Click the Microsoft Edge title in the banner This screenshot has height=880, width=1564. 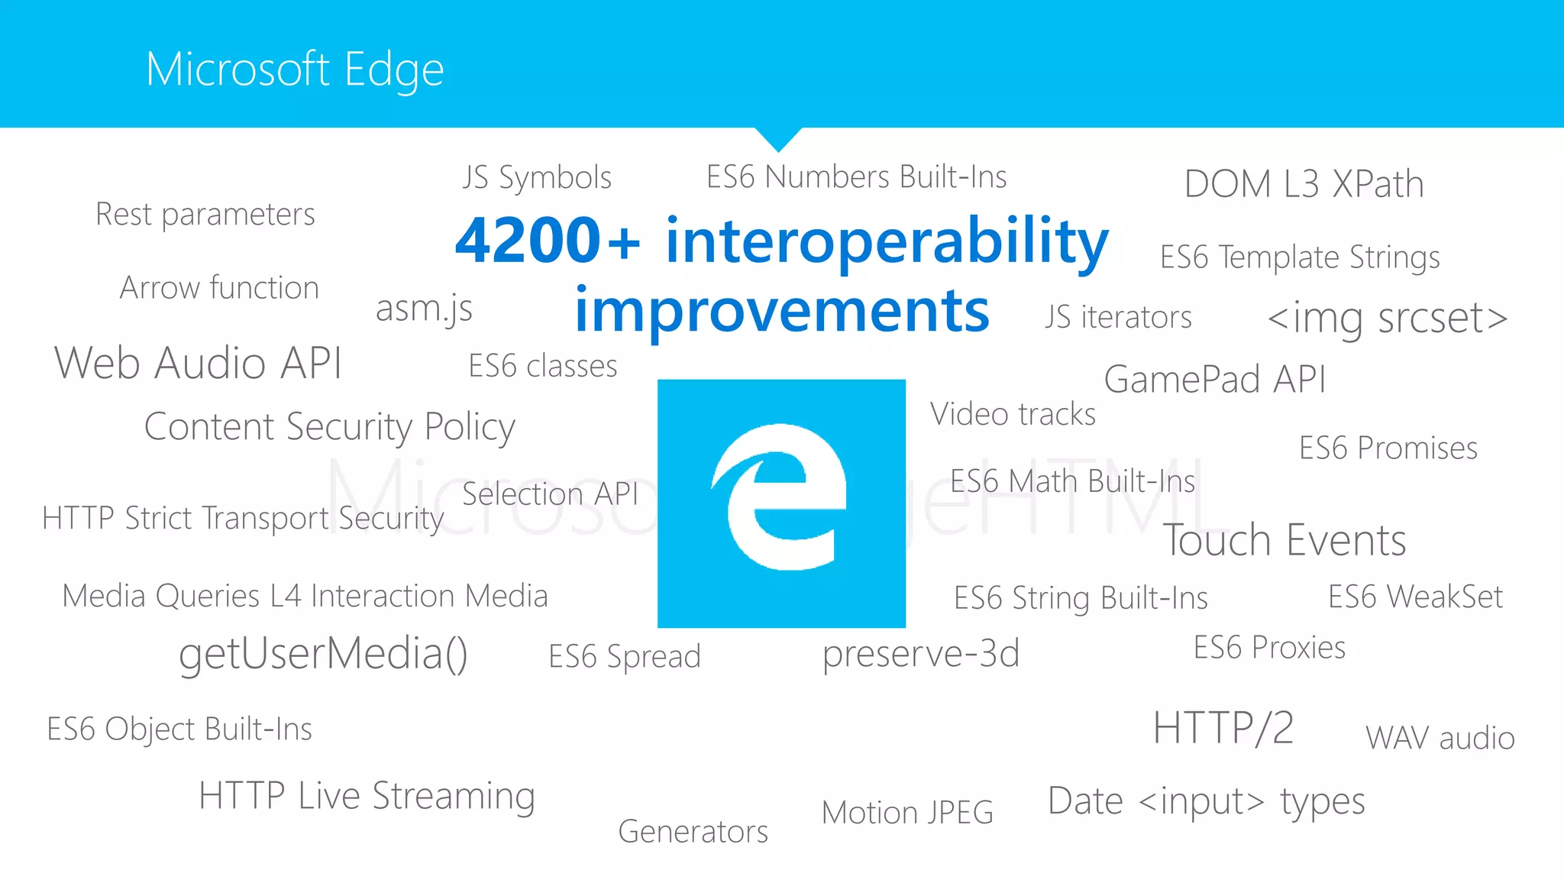pos(295,70)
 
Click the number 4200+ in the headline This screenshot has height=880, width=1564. pos(547,241)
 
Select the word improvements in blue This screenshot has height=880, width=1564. pos(781,311)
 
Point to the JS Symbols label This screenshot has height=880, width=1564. pos(537,177)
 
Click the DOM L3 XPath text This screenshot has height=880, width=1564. pos(1304,184)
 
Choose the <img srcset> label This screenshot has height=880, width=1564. pos(1387,318)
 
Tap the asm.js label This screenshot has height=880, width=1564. pos(424,309)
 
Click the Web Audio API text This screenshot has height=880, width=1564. pos(198,363)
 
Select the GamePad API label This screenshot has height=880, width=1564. pos(1214,379)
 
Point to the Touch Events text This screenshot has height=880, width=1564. pos(1284,541)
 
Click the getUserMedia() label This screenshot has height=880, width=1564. pos(323,654)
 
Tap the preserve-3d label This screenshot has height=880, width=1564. pos(920,654)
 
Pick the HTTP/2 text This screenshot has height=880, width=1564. pos(1223,727)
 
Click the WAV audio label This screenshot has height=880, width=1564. pos(1440,738)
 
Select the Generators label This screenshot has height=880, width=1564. pos(693,831)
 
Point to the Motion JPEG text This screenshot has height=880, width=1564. pos(907,812)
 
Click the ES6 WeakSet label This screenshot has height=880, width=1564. pos(1414,597)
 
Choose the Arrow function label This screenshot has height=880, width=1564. pos(219,288)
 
